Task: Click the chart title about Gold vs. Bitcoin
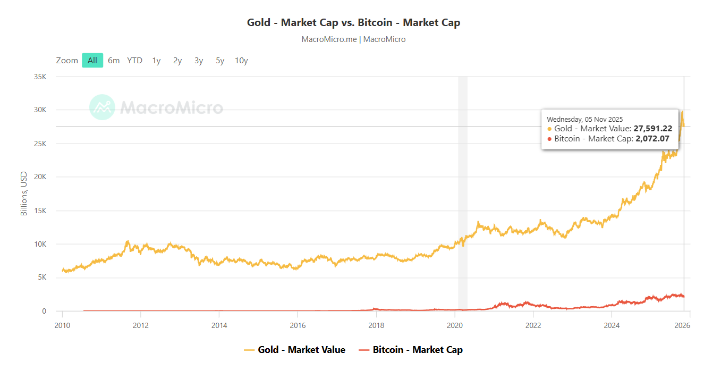pyautogui.click(x=353, y=22)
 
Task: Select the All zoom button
pyautogui.click(x=92, y=61)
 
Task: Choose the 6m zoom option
pyautogui.click(x=114, y=61)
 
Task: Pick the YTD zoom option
pyautogui.click(x=134, y=61)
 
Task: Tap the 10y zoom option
pyautogui.click(x=241, y=61)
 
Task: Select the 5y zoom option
pyautogui.click(x=220, y=61)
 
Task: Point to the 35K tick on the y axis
pyautogui.click(x=40, y=77)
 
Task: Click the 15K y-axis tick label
pyautogui.click(x=40, y=211)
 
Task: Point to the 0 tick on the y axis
pyautogui.click(x=44, y=312)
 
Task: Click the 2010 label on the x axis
pyautogui.click(x=62, y=326)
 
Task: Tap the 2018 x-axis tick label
pyautogui.click(x=376, y=326)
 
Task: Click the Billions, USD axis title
pyautogui.click(x=23, y=194)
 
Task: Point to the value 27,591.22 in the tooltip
pyautogui.click(x=652, y=129)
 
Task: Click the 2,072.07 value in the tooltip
pyautogui.click(x=652, y=139)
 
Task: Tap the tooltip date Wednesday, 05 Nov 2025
pyautogui.click(x=584, y=119)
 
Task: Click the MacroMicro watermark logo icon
pyautogui.click(x=102, y=107)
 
